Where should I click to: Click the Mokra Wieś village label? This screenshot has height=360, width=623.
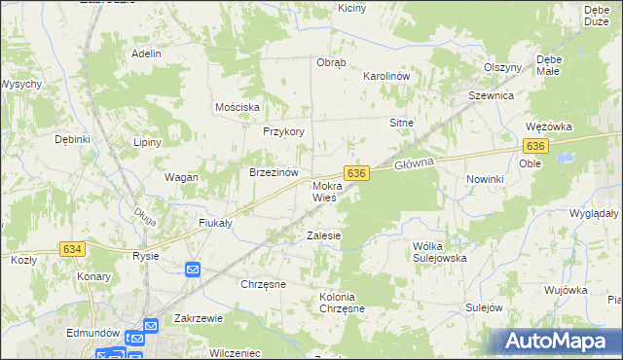point(324,191)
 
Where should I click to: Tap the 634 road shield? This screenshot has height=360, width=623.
point(72,249)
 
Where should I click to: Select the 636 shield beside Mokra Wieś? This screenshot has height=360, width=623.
point(356,172)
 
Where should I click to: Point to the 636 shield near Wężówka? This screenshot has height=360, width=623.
point(534,145)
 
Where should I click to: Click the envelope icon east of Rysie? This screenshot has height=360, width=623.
point(193,270)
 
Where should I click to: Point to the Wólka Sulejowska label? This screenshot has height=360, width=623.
point(440,252)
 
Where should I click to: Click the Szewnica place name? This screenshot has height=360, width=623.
point(491,96)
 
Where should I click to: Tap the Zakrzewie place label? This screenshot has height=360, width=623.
point(200,318)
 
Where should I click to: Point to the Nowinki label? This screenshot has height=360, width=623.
point(484,179)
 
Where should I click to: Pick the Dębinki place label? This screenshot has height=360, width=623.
point(73,139)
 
